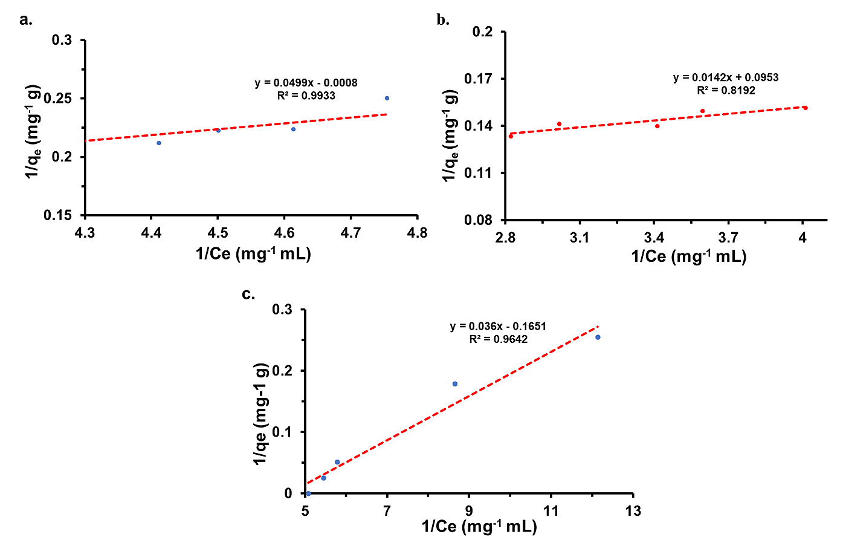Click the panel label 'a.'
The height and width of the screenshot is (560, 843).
pyautogui.click(x=26, y=20)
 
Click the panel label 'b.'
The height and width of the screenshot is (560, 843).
pyautogui.click(x=443, y=19)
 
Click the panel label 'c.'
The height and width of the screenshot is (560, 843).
pyautogui.click(x=248, y=294)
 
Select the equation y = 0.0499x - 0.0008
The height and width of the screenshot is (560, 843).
pyautogui.click(x=306, y=82)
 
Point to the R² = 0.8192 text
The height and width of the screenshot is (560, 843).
pyautogui.click(x=726, y=90)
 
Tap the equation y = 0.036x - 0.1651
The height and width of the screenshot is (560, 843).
pyautogui.click(x=498, y=326)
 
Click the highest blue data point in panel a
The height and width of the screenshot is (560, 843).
pyautogui.click(x=387, y=99)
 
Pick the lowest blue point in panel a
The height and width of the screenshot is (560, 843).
pyautogui.click(x=159, y=143)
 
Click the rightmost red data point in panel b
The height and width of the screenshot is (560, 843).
pyautogui.click(x=806, y=108)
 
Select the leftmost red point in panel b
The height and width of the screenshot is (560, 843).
pyautogui.click(x=511, y=136)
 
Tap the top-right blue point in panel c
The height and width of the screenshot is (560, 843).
pyautogui.click(x=598, y=337)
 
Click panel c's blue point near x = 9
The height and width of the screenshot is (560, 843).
pyautogui.click(x=454, y=384)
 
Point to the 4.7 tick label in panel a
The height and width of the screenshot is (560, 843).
pyautogui.click(x=350, y=233)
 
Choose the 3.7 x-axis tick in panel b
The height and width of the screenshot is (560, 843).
pyautogui.click(x=728, y=238)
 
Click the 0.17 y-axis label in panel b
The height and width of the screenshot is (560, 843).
pyautogui.click(x=479, y=79)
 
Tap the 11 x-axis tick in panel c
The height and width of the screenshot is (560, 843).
pyautogui.click(x=551, y=511)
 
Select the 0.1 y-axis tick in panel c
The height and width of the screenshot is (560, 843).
pyautogui.click(x=282, y=432)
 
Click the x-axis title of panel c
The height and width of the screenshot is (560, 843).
pyautogui.click(x=479, y=527)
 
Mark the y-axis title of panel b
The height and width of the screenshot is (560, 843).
pyautogui.click(x=450, y=135)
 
